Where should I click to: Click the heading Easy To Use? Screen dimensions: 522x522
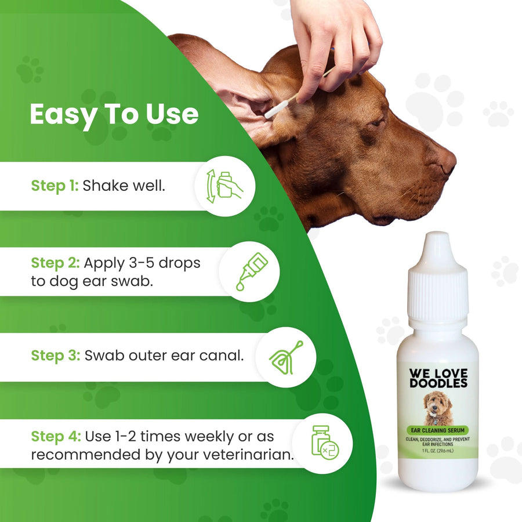click(x=114, y=115)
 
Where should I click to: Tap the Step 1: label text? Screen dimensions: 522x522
click(x=55, y=186)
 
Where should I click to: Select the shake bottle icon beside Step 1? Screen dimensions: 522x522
click(x=225, y=186)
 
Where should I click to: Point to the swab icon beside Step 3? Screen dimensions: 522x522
click(x=285, y=356)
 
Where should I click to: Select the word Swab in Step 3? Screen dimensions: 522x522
click(x=104, y=356)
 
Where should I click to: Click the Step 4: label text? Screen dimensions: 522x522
click(x=56, y=436)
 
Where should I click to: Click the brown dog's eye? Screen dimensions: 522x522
click(x=377, y=123)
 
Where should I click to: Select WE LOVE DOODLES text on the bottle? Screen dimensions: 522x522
click(x=438, y=378)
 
